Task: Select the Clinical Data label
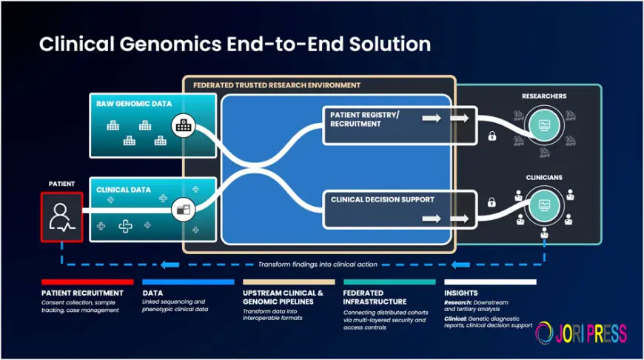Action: click(124, 190)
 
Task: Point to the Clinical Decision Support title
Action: click(383, 199)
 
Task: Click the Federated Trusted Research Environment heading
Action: click(276, 85)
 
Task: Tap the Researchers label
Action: click(544, 96)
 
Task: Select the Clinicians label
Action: click(544, 178)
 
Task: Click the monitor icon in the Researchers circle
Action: click(544, 124)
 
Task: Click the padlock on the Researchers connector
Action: click(491, 136)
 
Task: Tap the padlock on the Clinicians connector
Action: click(491, 201)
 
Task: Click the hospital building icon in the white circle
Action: click(182, 125)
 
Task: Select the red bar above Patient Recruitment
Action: click(87, 282)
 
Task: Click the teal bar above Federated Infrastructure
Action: click(389, 282)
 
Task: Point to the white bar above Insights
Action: click(490, 282)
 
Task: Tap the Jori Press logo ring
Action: click(545, 333)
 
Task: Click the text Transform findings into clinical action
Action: click(318, 264)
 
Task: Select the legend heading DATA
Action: click(152, 293)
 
